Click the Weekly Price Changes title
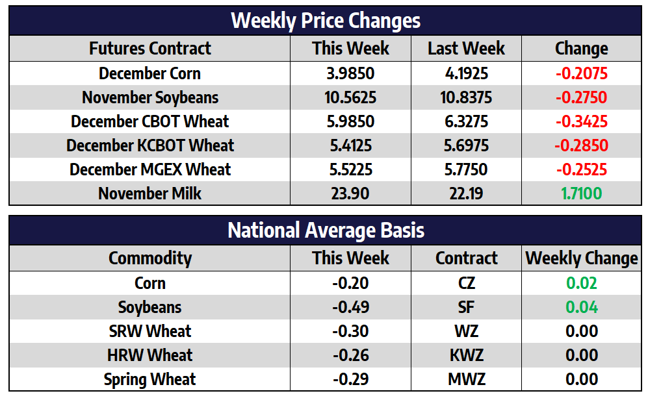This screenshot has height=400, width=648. (326, 20)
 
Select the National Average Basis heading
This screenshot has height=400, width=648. (326, 230)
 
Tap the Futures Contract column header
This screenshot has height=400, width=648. (150, 49)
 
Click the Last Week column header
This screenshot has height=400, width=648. (466, 49)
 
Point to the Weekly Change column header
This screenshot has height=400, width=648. (581, 258)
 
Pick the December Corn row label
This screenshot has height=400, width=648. (150, 73)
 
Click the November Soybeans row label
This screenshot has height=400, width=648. (150, 97)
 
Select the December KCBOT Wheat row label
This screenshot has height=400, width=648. (150, 145)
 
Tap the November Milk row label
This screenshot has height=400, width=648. (150, 194)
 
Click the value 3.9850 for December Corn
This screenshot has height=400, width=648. (350, 73)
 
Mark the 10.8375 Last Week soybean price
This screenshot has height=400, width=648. (466, 97)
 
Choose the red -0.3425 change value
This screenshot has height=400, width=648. (581, 121)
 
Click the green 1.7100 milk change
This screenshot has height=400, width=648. (581, 194)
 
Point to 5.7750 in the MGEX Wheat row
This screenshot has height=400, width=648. (466, 169)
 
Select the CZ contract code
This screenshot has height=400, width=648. (466, 283)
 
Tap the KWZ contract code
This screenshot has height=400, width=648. (466, 355)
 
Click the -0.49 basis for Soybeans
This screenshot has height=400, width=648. (350, 307)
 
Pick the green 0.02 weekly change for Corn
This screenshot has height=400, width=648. (581, 283)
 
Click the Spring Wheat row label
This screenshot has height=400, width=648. (150, 379)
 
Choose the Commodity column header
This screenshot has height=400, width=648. (150, 258)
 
